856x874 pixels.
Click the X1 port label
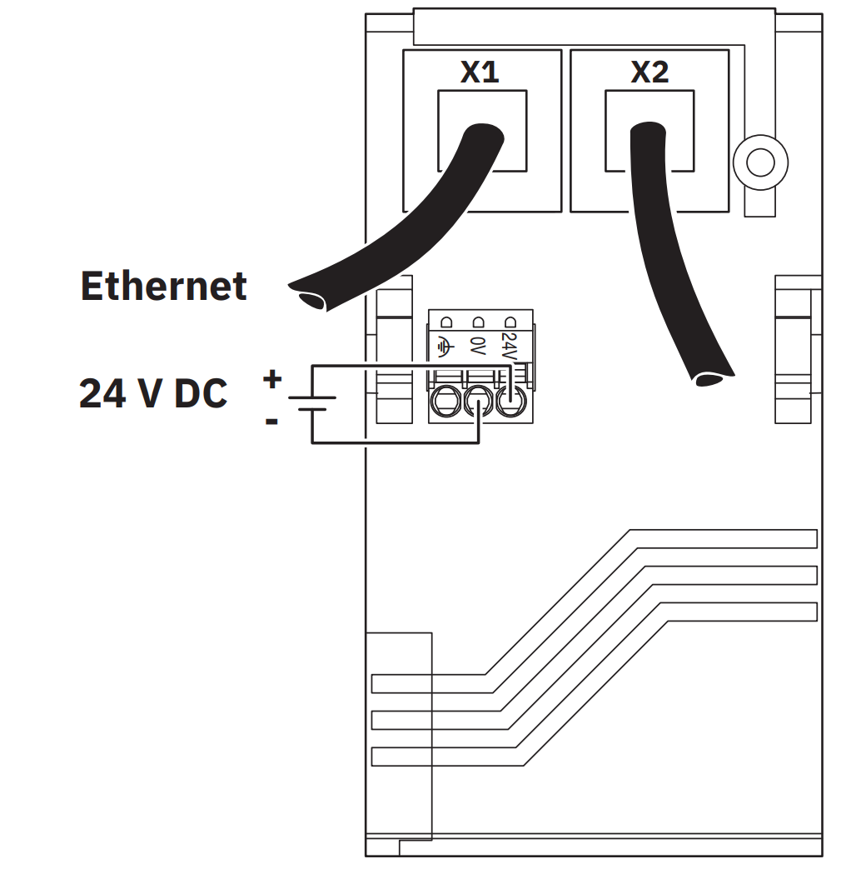point(480,72)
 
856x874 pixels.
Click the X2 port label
point(649,72)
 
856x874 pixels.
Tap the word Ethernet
point(164,287)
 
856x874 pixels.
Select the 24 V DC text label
point(153,392)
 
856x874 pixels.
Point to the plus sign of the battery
point(271,380)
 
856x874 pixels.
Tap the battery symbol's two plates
point(311,403)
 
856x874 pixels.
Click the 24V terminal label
point(509,345)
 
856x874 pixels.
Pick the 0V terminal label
point(477,345)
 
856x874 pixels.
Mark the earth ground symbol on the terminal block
point(445,345)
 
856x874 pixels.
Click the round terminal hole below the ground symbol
point(445,404)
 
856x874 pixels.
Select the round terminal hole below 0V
point(478,404)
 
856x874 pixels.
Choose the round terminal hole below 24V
point(510,404)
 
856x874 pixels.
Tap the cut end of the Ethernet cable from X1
point(307,296)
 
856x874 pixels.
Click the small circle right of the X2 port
point(760,161)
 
